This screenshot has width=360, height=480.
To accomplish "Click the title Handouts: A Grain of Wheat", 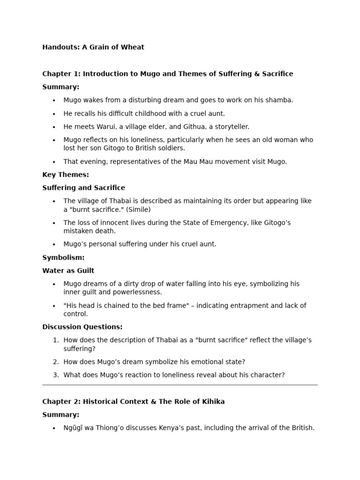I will click(x=93, y=47).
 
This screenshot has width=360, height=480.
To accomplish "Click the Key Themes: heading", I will click(x=66, y=175).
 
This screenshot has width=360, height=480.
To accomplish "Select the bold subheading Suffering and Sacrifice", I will click(x=83, y=188).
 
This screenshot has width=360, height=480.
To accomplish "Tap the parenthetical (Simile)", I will click(x=136, y=210).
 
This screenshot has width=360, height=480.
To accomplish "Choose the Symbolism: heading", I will click(x=63, y=257).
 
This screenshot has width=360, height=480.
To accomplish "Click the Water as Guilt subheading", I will click(x=68, y=270).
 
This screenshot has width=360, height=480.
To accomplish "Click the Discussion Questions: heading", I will click(x=82, y=327).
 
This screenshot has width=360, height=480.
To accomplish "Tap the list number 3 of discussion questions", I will click(x=55, y=375).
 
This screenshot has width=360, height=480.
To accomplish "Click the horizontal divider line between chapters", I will click(x=180, y=385).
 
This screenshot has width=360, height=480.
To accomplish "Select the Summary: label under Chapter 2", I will click(x=60, y=415).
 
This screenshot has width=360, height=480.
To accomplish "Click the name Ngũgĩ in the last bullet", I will click(x=75, y=428).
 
